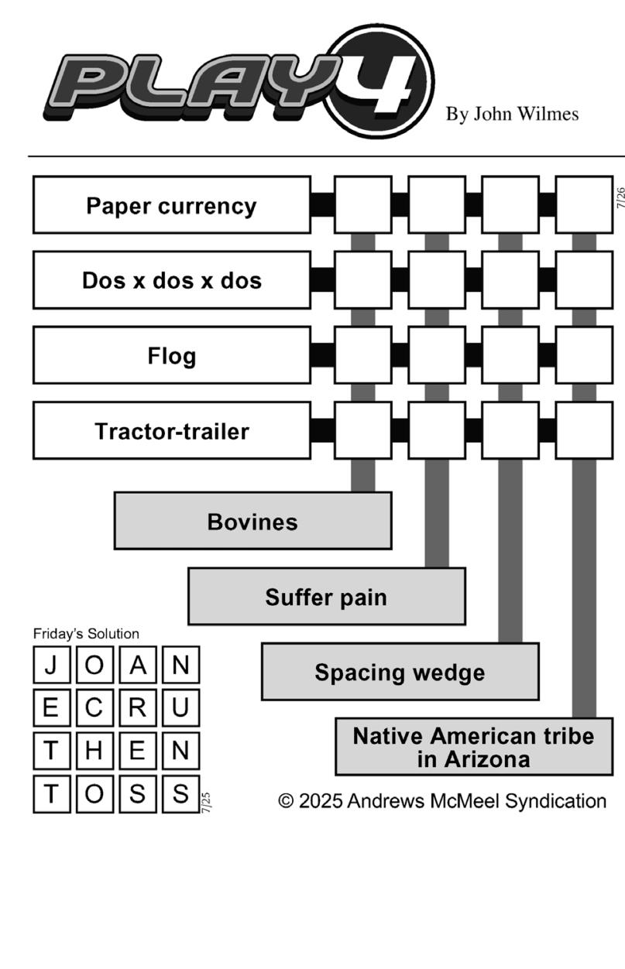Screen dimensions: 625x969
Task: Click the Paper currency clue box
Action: pyautogui.click(x=172, y=205)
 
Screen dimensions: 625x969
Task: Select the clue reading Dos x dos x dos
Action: pyautogui.click(x=172, y=280)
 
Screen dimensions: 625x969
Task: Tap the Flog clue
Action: pyautogui.click(x=172, y=355)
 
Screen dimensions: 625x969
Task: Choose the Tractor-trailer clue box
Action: pyautogui.click(x=172, y=431)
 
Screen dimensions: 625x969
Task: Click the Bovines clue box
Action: pyautogui.click(x=252, y=521)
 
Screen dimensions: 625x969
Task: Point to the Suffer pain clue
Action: pyautogui.click(x=327, y=597)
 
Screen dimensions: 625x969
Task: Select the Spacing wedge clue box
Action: pyautogui.click(x=400, y=672)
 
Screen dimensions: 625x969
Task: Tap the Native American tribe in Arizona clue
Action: pyautogui.click(x=474, y=747)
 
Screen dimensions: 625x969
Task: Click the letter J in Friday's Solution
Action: pyautogui.click(x=52, y=665)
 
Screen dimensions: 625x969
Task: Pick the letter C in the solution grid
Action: pyautogui.click(x=94, y=707)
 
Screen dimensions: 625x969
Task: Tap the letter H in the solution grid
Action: pyautogui.click(x=94, y=751)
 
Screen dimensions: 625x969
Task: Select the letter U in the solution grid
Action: pyautogui.click(x=180, y=707)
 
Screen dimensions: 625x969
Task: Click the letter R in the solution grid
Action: pyautogui.click(x=138, y=707)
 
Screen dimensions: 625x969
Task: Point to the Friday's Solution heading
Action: pyautogui.click(x=86, y=634)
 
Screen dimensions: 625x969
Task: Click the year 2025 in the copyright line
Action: pyautogui.click(x=321, y=801)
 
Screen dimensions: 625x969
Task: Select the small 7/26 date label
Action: pyautogui.click(x=620, y=197)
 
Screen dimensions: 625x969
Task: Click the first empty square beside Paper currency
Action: pyautogui.click(x=363, y=204)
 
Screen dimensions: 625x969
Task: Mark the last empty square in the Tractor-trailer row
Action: pyautogui.click(x=584, y=430)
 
